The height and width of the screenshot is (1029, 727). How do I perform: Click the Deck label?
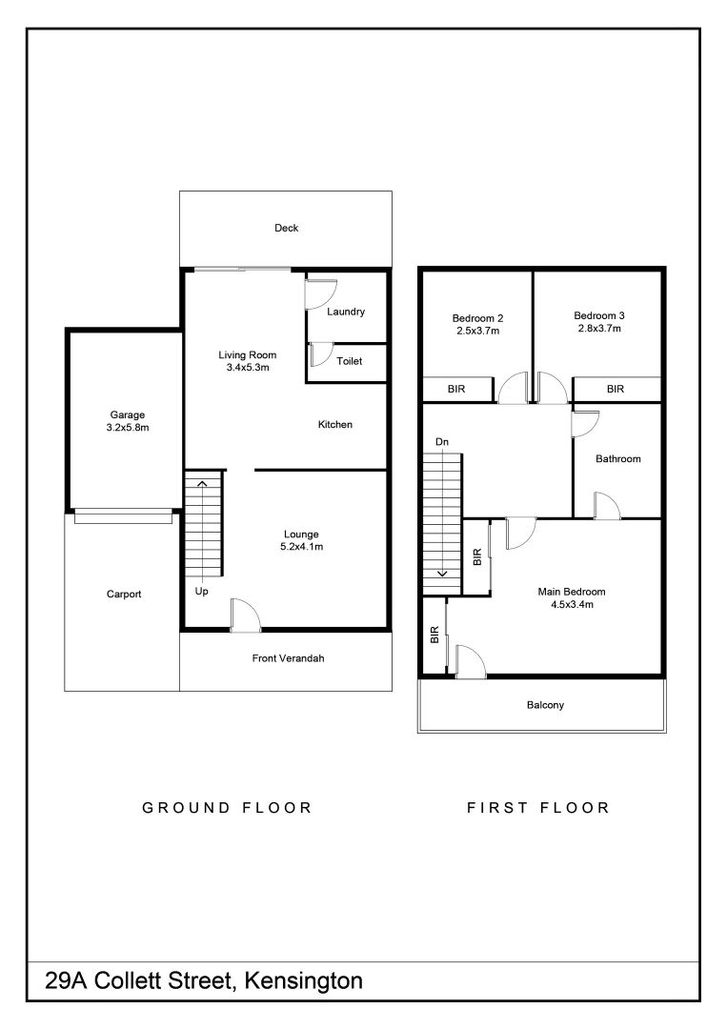pos(286,228)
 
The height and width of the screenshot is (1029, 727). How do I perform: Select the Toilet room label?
pos(350,361)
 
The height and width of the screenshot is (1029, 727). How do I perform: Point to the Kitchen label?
pos(335,424)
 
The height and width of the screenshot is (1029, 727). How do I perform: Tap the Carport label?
pos(124,595)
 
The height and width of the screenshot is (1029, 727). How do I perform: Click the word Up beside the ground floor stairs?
pos(201,592)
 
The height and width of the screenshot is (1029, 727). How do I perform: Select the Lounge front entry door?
pos(245,615)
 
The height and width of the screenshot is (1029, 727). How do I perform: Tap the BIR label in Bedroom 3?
pos(616,389)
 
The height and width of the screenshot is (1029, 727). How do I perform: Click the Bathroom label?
pos(617,458)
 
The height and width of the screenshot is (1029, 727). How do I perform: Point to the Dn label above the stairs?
pos(441,442)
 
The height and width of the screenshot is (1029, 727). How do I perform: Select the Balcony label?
pos(545,705)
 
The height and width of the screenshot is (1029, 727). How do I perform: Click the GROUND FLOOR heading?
pos(227,808)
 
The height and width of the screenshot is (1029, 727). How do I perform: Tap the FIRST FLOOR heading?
pos(537,808)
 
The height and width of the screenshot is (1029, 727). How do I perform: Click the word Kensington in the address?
pos(304,980)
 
